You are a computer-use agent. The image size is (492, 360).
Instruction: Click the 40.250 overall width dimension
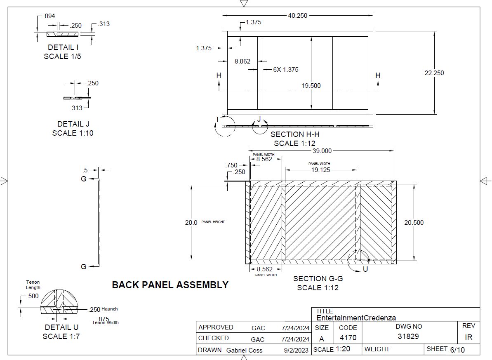coord(297,16)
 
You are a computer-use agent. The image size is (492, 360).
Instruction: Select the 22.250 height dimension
coord(434,73)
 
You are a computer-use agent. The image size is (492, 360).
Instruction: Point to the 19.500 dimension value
coord(311,86)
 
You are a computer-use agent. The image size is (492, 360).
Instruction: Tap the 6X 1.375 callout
coord(285,70)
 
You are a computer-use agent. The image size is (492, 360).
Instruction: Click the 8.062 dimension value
coord(242,61)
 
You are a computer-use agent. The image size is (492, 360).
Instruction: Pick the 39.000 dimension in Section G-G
coord(322,151)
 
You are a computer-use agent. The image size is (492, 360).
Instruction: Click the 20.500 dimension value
coord(414,223)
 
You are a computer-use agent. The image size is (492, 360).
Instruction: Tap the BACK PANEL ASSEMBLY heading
coord(170,285)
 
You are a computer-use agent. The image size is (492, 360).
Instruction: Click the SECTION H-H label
coord(295,134)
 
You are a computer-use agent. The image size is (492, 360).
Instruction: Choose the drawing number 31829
coord(408,336)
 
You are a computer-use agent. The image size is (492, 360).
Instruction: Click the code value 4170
coord(348,338)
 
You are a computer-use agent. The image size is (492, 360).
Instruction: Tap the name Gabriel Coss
coord(244,351)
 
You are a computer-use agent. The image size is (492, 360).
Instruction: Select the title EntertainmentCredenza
coord(356,318)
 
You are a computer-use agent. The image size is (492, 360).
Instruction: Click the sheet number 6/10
coord(457,350)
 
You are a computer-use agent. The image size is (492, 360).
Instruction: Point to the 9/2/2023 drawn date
coord(296,351)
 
